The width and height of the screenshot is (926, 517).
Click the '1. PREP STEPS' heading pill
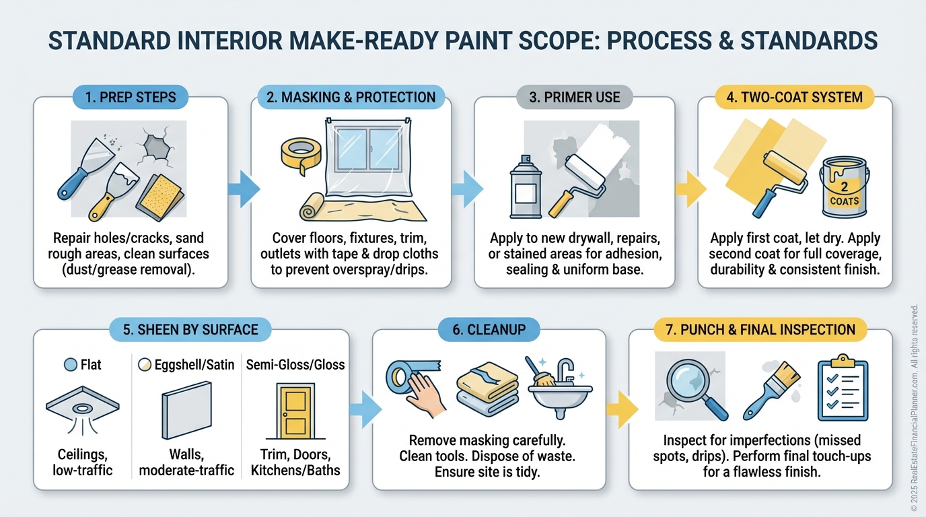[131, 97]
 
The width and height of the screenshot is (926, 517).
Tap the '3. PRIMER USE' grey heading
[575, 97]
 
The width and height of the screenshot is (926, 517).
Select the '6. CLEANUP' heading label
[489, 330]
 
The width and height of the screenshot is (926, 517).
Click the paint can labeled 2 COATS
[844, 187]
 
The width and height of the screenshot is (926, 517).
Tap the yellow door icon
[295, 411]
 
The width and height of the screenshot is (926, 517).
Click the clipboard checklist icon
[843, 387]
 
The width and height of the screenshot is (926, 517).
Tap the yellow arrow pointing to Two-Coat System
[690, 189]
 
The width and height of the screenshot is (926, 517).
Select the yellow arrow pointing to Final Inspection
[622, 409]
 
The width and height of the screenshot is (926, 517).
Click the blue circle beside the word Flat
[71, 364]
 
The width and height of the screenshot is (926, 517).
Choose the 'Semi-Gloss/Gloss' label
[295, 364]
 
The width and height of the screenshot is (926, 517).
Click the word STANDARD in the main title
[110, 40]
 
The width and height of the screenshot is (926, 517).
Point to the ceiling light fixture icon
[83, 410]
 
